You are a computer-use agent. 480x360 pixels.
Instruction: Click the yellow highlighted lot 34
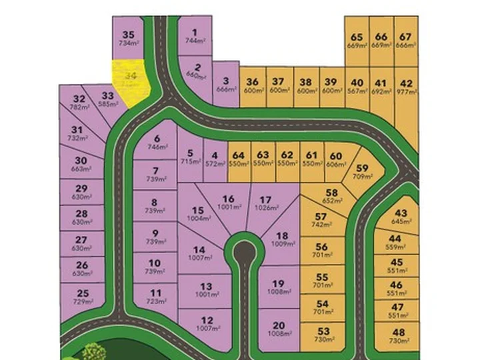point(131,81)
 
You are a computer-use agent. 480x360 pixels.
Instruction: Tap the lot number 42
point(406,84)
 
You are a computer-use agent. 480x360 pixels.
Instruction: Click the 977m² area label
point(406,95)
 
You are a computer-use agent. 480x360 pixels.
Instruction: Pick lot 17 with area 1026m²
point(267,203)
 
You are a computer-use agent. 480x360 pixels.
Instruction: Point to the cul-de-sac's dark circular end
point(245,252)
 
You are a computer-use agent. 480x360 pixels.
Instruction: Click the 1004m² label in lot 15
point(198,218)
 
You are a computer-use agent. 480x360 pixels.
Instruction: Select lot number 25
point(83,293)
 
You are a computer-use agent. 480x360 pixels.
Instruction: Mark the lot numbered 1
point(195,32)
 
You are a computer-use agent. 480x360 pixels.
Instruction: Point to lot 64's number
point(239,155)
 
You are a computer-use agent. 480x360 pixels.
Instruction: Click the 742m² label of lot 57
point(321,225)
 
